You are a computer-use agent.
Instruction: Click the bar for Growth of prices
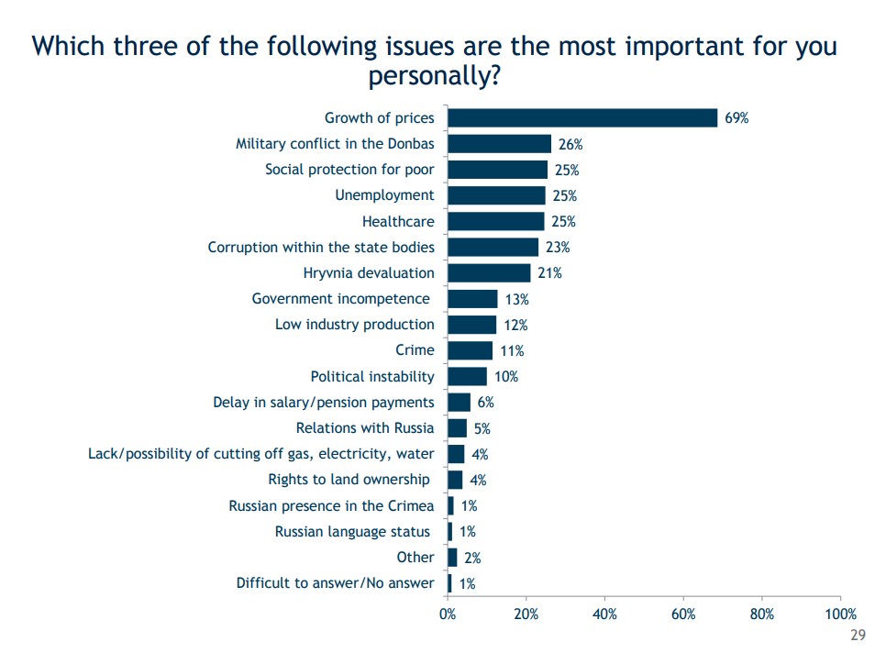(582, 117)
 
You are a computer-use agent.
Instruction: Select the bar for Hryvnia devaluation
(489, 272)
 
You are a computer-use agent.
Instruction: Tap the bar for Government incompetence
(472, 298)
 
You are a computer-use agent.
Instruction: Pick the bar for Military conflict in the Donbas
(499, 143)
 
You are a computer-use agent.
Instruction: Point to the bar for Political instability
(467, 376)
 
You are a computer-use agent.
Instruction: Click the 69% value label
(737, 118)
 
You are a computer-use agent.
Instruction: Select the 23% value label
(558, 248)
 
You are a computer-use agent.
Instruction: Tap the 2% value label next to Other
(472, 558)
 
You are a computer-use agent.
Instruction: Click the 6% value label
(486, 403)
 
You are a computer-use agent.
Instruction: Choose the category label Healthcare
(398, 221)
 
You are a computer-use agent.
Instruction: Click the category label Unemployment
(384, 195)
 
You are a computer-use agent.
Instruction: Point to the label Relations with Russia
(365, 428)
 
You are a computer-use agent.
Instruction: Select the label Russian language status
(352, 532)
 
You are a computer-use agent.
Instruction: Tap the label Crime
(415, 350)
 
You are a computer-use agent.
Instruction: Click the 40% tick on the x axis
(604, 614)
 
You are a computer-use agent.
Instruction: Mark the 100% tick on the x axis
(840, 614)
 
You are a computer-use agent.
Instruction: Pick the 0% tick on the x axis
(448, 614)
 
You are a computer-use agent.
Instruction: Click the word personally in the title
(434, 77)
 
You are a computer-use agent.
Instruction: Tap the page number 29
(858, 636)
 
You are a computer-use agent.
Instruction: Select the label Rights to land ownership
(349, 480)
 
